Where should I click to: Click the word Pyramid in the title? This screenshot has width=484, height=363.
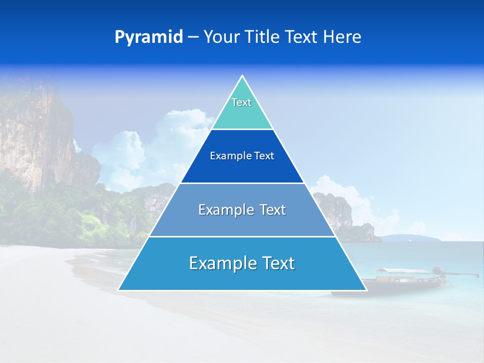[148, 37]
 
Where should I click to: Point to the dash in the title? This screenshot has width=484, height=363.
[193, 37]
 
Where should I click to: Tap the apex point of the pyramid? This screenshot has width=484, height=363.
[242, 77]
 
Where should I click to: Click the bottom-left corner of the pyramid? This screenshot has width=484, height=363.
[119, 290]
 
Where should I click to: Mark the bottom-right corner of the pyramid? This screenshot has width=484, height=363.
[366, 290]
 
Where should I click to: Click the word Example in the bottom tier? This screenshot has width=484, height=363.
[220, 263]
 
